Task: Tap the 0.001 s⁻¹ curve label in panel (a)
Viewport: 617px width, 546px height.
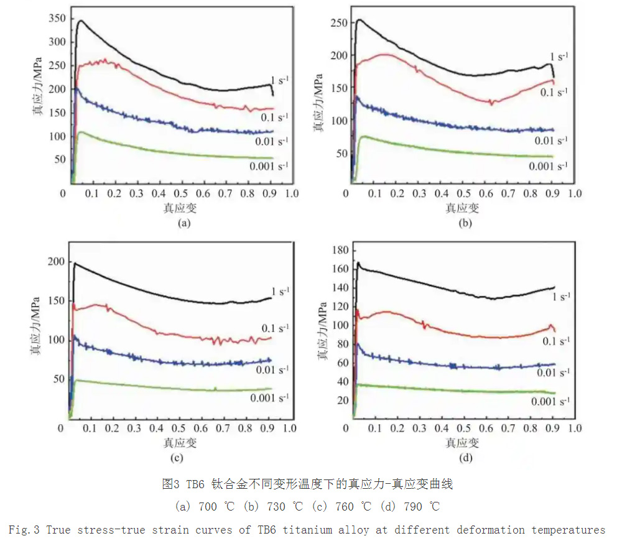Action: click(x=269, y=166)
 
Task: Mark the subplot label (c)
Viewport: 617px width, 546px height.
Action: click(x=176, y=458)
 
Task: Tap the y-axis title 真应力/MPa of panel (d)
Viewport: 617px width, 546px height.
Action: click(x=322, y=328)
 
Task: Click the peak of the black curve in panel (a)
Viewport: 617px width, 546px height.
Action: click(x=80, y=21)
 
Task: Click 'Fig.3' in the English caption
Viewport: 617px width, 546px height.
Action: click(x=24, y=530)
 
